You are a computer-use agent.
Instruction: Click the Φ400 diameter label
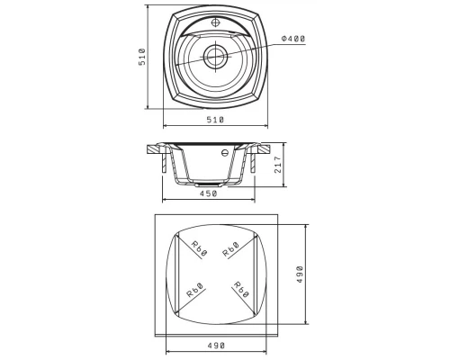click(x=293, y=39)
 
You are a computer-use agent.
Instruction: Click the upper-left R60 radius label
click(x=200, y=249)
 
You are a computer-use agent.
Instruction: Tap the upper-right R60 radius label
click(x=230, y=249)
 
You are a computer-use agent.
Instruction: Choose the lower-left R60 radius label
click(x=195, y=290)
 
